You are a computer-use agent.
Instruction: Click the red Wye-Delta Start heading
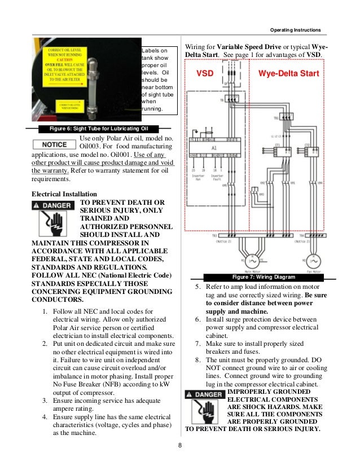pos(288,74)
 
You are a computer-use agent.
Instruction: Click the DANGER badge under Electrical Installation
pos(52,205)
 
